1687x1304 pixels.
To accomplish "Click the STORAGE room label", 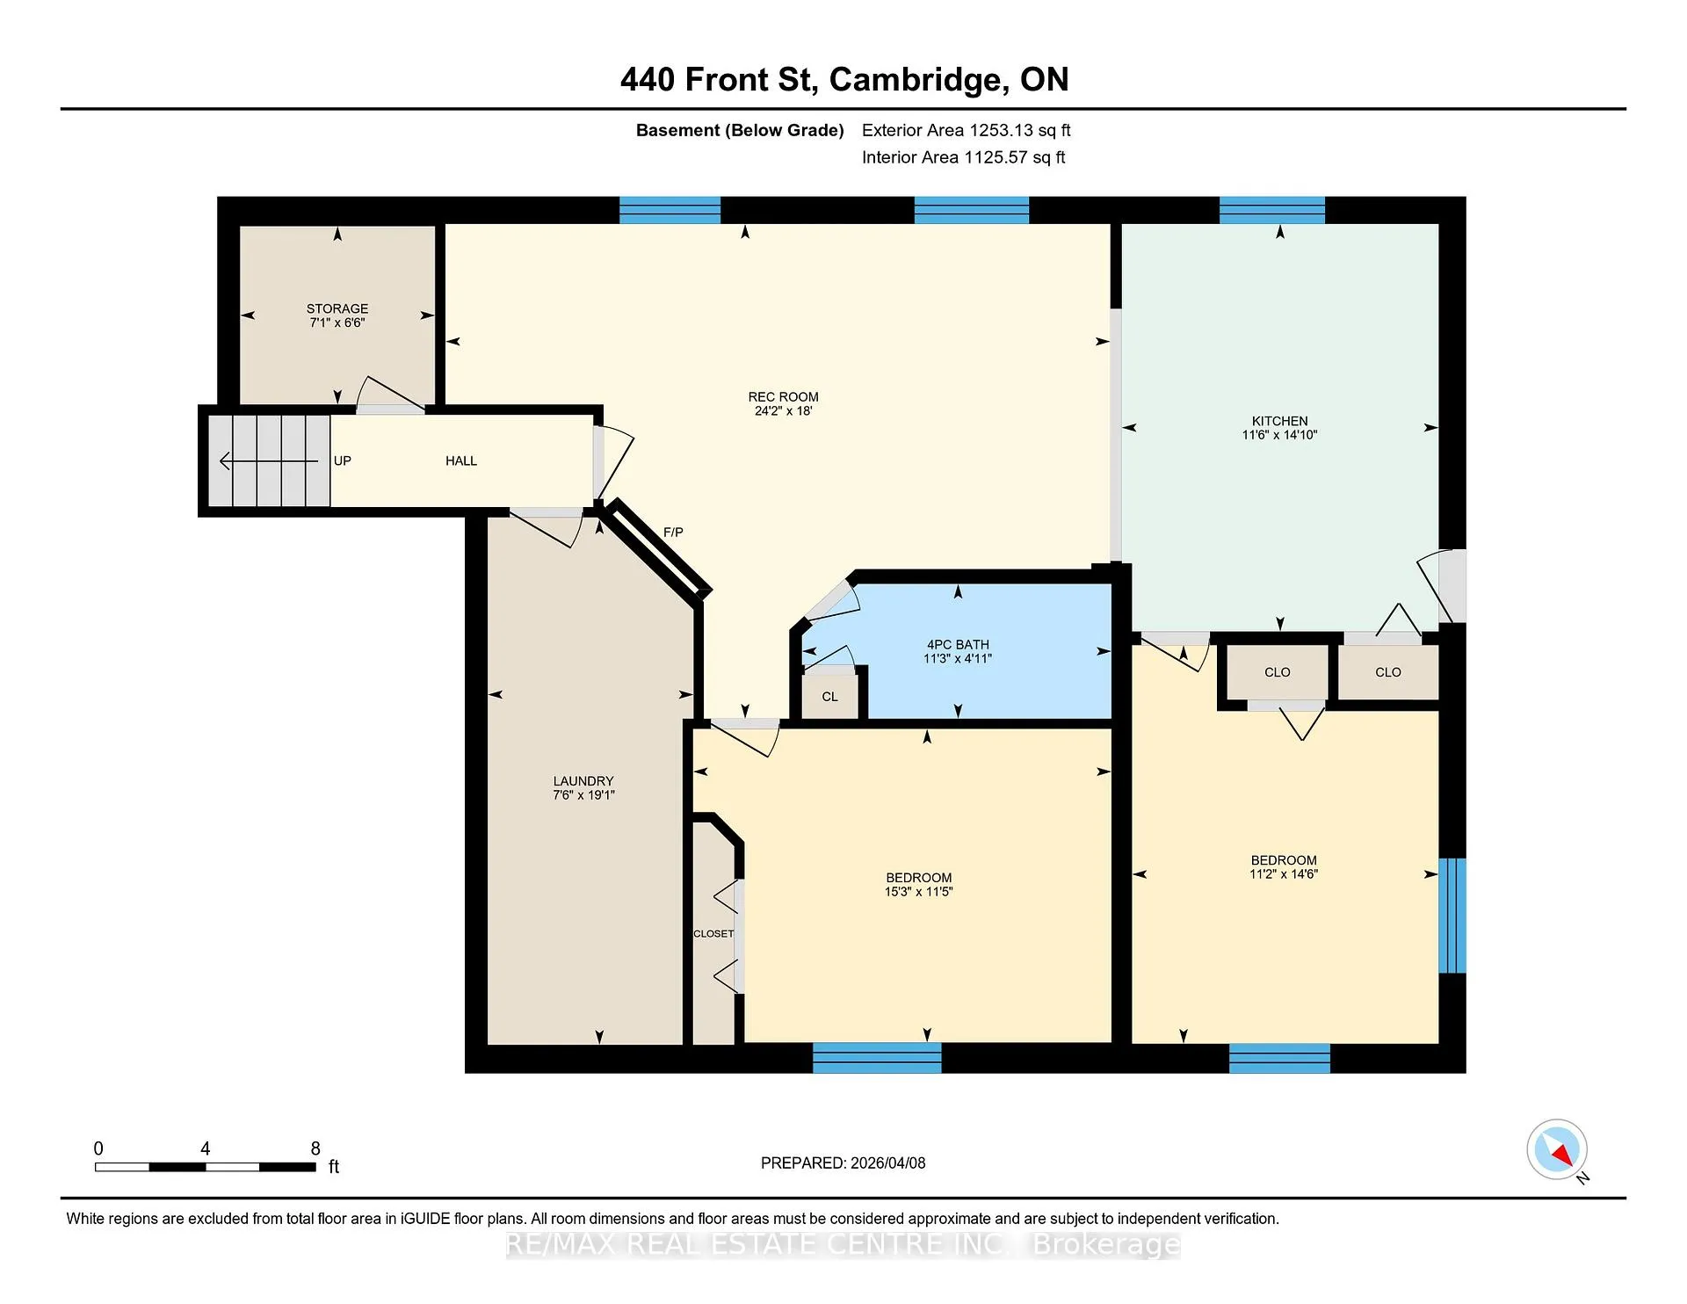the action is pos(337,308).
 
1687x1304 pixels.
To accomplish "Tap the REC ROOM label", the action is pos(783,397).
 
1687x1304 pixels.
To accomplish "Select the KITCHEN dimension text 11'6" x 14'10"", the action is pos(1279,435).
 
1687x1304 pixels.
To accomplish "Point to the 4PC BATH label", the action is pos(958,645).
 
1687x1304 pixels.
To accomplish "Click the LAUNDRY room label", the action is pos(583,781).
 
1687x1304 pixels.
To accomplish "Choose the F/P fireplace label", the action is pos(673,532).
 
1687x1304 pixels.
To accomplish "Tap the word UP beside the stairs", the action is pos(343,461).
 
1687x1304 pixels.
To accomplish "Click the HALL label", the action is pos(461,461).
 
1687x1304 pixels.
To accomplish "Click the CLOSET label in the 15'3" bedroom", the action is pos(713,934).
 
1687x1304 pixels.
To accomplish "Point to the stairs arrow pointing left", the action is pos(268,461).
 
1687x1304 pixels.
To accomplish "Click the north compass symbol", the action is pos(1557,1149).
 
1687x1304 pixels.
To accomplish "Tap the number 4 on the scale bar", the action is pos(205,1148).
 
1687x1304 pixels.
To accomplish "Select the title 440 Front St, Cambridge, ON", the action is pos(844,80).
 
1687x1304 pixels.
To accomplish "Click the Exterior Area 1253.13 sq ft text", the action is pos(967,131).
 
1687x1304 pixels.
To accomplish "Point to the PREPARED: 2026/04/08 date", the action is pos(843,1163).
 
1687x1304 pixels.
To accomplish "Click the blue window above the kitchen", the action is pos(1272,211).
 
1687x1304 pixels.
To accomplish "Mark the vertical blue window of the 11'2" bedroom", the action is pos(1452,916).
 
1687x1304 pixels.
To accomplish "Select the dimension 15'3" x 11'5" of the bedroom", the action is pos(919,892).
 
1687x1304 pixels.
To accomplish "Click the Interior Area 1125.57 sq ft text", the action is pos(964,158).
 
